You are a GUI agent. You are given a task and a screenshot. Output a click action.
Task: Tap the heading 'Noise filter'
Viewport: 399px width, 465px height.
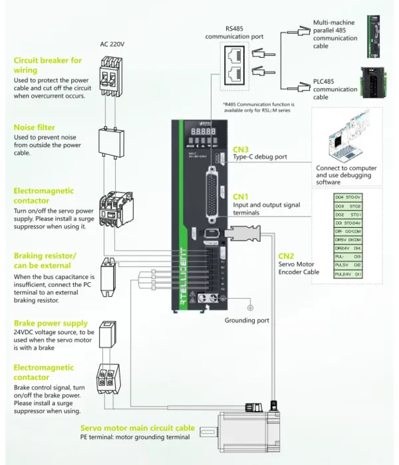[34, 127]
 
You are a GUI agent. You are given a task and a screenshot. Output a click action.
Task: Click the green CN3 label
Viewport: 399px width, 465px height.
[240, 149]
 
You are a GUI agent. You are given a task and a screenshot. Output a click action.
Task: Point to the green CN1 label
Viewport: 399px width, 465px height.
[240, 197]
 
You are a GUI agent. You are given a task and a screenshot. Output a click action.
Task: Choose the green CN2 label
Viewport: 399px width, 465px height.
[286, 256]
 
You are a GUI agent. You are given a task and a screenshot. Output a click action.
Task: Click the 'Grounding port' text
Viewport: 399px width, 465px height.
[247, 320]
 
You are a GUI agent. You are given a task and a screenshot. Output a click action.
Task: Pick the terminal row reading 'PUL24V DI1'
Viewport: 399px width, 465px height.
[348, 274]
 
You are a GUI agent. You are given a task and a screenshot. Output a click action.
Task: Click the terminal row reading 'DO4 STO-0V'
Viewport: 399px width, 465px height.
[348, 197]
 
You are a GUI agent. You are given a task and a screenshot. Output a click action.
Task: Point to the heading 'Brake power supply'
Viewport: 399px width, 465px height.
[51, 324]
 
